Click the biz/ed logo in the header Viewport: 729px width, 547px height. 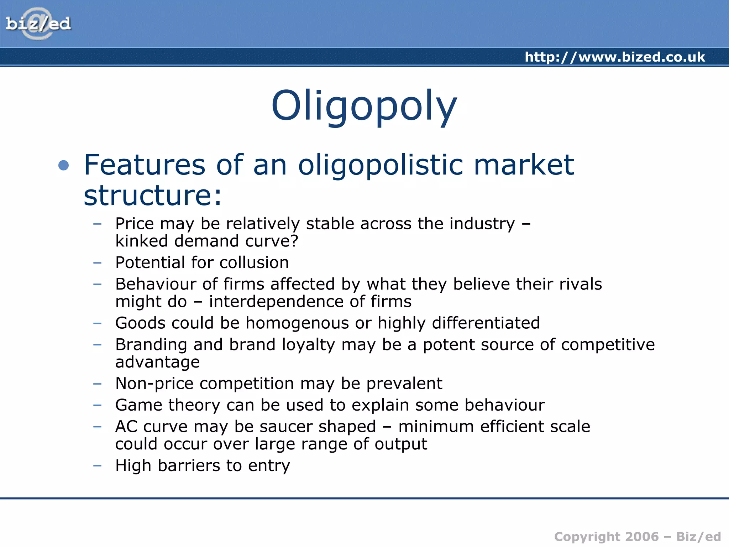pyautogui.click(x=38, y=24)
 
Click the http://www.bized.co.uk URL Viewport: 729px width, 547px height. pyautogui.click(x=615, y=57)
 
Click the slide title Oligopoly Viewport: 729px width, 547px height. pyautogui.click(x=364, y=106)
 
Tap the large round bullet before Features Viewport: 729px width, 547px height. pyautogui.click(x=63, y=165)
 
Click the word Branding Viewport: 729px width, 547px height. pyautogui.click(x=151, y=345)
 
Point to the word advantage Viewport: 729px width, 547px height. pyautogui.click(x=157, y=362)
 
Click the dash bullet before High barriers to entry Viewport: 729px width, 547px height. pyautogui.click(x=97, y=465)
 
